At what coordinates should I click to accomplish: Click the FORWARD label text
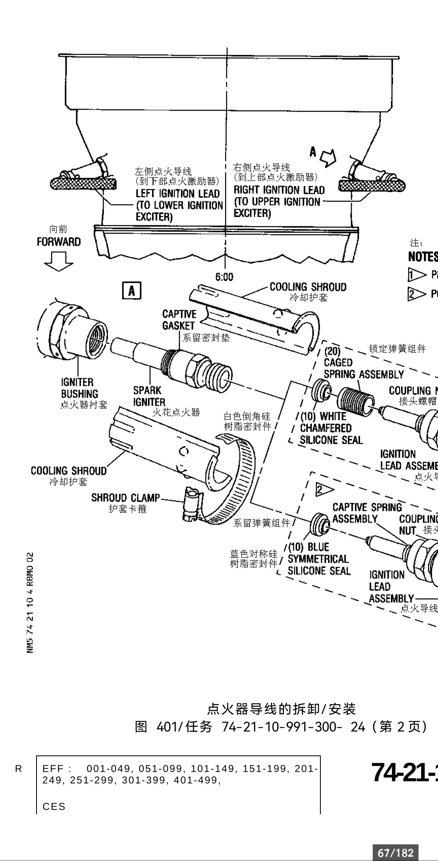tap(59, 242)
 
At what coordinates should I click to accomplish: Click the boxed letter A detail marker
tap(132, 291)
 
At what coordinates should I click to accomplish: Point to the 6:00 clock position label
tap(224, 277)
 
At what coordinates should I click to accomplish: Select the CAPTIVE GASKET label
tap(179, 320)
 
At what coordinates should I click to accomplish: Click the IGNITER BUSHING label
tap(79, 388)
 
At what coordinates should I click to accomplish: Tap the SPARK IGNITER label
tap(149, 396)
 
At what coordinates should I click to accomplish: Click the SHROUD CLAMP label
tap(125, 498)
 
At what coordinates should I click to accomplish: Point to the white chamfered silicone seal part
tap(321, 390)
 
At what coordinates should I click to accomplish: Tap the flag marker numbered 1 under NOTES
tap(417, 275)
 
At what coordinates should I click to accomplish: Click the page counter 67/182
tap(395, 853)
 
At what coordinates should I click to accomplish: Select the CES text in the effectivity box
tap(54, 807)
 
